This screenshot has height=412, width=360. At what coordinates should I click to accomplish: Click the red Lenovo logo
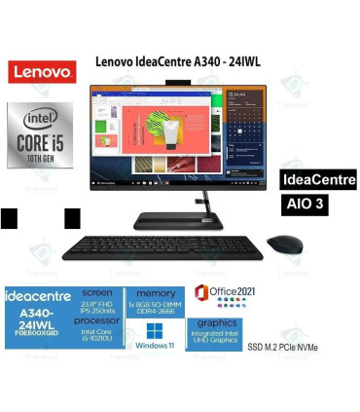[x=41, y=71]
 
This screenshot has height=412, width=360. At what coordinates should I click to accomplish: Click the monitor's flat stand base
[x=180, y=221]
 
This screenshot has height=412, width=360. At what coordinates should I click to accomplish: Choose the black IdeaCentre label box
[x=317, y=180]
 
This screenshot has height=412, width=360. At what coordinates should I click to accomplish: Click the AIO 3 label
[x=306, y=206]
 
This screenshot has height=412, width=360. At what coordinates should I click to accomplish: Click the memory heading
[x=155, y=292]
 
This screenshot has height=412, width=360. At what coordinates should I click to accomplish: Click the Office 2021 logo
[x=224, y=294]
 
